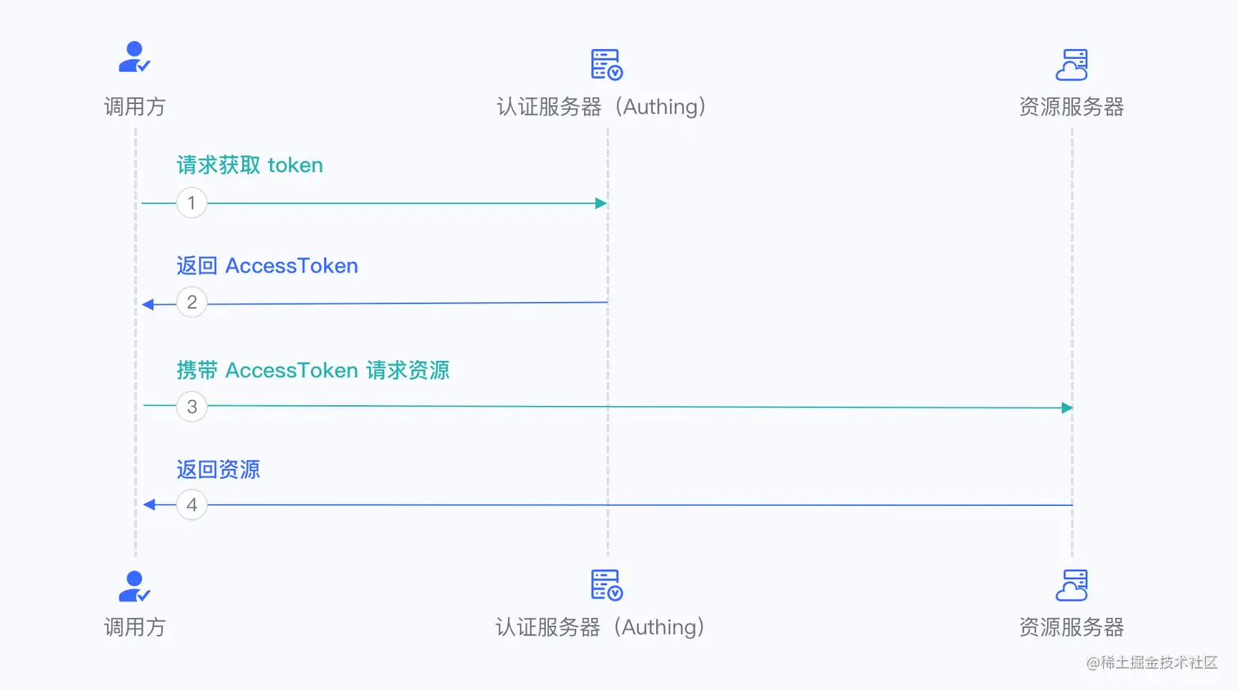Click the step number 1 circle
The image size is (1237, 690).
[191, 203]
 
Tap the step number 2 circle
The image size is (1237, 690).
[191, 303]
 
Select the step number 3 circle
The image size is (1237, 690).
[191, 407]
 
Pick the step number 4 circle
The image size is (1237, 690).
[191, 505]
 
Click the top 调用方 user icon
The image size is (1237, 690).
[134, 57]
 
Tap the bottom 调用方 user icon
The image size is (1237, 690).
[134, 586]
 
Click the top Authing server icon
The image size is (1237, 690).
[606, 65]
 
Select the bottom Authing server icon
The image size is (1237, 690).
[606, 585]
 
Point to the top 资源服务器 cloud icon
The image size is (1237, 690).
[1072, 65]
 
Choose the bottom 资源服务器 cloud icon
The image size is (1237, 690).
[1072, 585]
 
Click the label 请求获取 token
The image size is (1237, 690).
[250, 165]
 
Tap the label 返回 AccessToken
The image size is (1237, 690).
[267, 266]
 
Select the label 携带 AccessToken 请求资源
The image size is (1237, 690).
[313, 371]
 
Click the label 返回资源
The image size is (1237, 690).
[218, 470]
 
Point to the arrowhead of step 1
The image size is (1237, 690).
[601, 203]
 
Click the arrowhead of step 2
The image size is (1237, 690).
[148, 304]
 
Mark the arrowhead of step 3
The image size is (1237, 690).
[1067, 408]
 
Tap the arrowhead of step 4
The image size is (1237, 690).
[149, 505]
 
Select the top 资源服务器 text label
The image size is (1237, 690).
[1071, 107]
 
